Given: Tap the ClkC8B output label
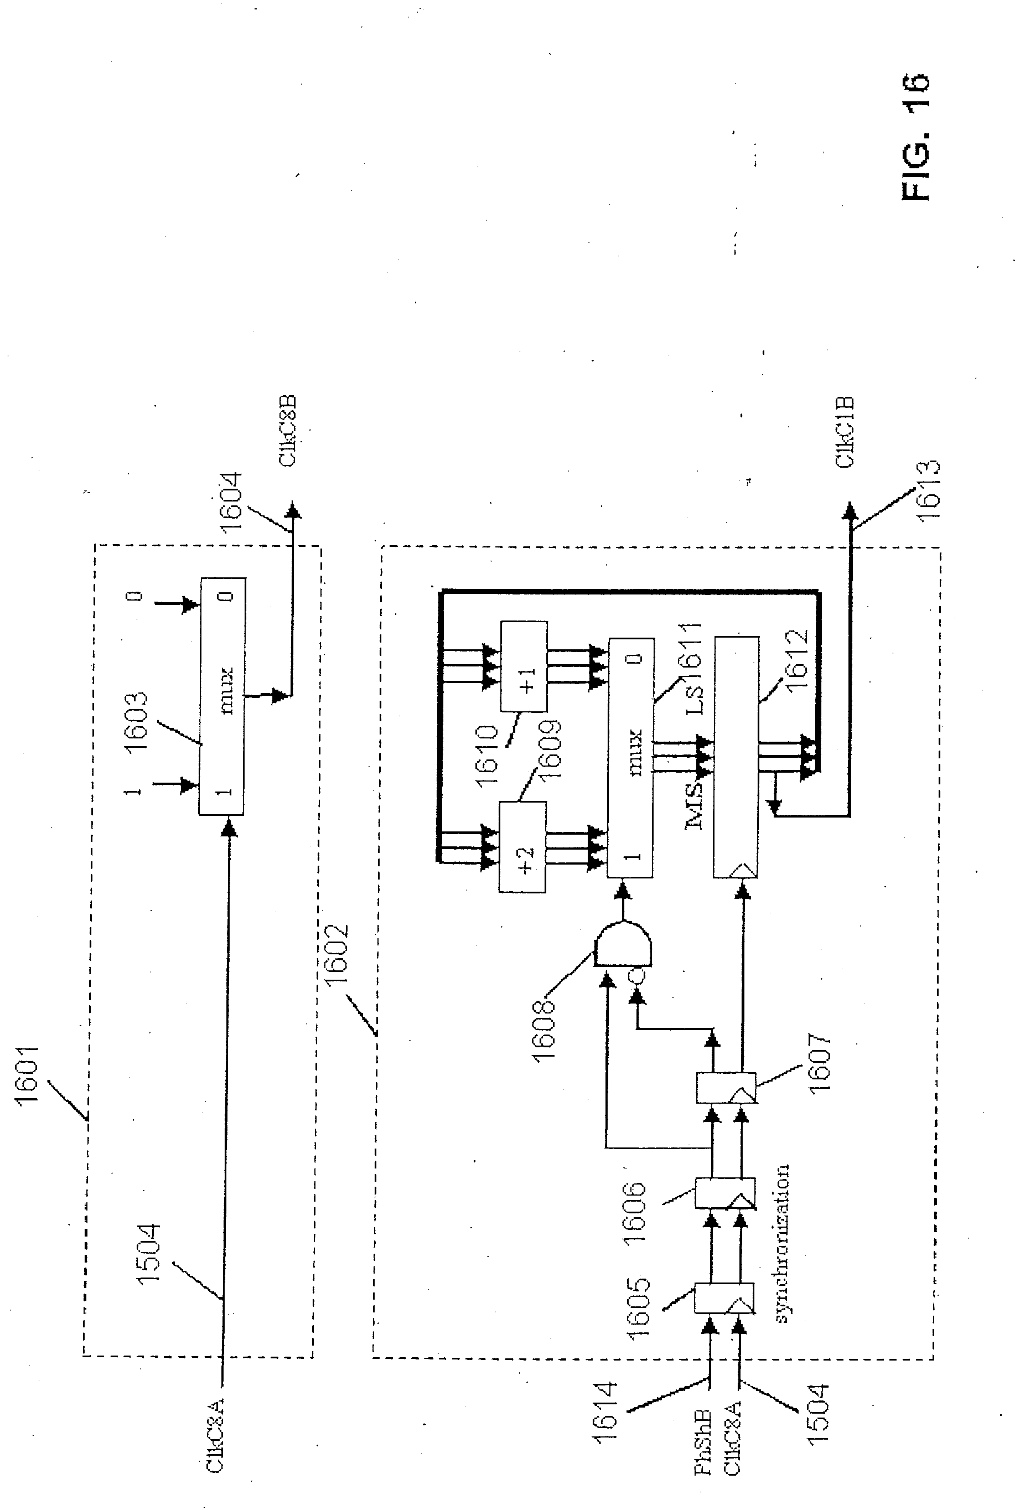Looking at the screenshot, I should coord(287,430).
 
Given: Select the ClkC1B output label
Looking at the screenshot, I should coord(845,432).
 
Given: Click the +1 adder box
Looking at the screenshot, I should coord(524,666).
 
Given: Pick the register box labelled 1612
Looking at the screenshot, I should coord(736,757).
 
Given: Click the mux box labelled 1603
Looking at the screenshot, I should coord(221,696).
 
